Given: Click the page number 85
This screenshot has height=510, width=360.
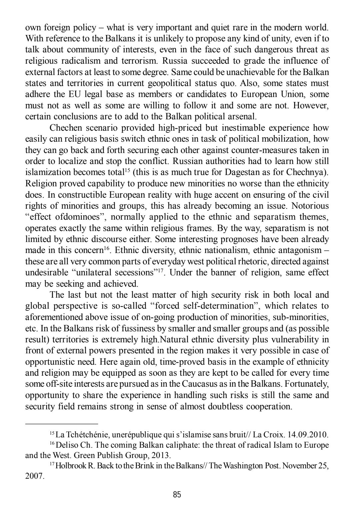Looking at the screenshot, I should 177,495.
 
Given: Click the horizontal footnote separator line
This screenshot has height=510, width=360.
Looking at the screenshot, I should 62,423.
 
